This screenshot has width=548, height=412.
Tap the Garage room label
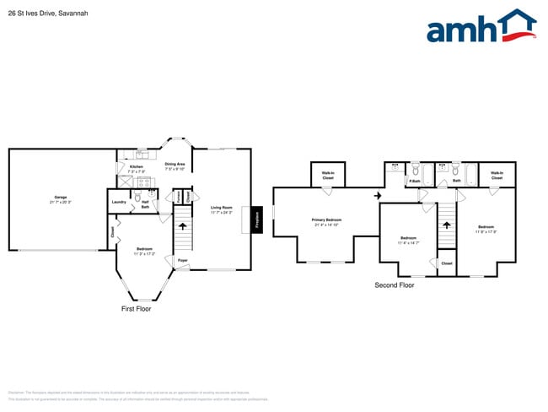tap(61, 198)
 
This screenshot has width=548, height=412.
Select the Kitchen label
tap(136, 168)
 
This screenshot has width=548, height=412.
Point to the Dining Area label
tap(175, 165)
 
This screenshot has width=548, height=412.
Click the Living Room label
tap(222, 209)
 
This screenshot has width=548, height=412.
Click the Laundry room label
tap(119, 202)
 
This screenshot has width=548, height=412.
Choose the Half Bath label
tap(145, 203)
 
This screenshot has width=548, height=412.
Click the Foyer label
tap(182, 261)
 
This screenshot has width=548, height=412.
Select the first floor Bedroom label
tap(144, 250)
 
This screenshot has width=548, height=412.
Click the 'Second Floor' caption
tap(394, 285)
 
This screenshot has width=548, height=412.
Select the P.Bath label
tap(415, 182)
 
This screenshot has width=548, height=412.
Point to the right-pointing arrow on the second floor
tap(378, 196)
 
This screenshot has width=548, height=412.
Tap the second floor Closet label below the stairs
tap(446, 263)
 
